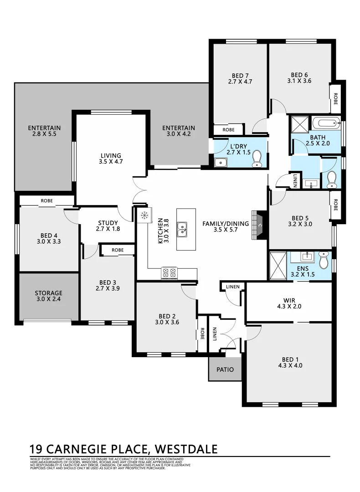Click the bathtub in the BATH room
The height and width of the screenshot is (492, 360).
326,123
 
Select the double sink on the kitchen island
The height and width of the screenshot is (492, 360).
182,230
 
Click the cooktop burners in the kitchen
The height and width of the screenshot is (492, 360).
169,273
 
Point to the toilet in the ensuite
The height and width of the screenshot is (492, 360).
324,261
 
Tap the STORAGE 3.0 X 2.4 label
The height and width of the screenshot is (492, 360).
48,297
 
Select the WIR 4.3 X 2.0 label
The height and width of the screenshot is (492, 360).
289,303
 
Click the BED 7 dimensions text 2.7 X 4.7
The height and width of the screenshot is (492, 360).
240,82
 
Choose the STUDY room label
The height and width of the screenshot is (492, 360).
108,226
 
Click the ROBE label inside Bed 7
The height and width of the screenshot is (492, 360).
229,130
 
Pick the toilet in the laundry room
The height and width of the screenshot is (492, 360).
257,159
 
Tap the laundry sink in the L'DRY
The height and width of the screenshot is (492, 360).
221,162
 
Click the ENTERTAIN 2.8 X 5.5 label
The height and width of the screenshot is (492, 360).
44,131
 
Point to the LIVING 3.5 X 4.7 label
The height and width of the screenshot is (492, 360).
111,158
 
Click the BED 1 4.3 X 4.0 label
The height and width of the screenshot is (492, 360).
290,362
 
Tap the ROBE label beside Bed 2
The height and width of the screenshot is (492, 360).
202,334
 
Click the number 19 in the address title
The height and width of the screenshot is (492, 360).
37,449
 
